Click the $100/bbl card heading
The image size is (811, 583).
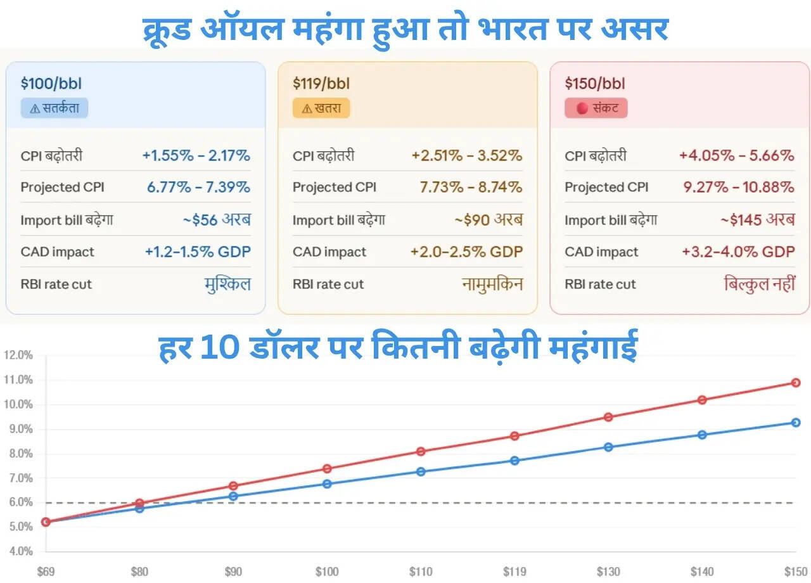coord(51,83)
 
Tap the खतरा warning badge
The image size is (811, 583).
coord(321,108)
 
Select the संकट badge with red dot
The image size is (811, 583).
coord(596,108)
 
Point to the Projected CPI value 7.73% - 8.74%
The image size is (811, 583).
coord(471,187)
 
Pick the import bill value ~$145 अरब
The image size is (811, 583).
coord(757,220)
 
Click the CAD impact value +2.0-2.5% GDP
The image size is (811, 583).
coord(467,252)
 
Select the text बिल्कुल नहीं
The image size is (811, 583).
coord(759,284)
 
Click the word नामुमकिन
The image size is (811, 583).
coord(492,284)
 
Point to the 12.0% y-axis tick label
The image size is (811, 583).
coord(18,355)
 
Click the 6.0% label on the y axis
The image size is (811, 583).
coord(20,503)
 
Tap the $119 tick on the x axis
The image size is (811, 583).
coord(514,572)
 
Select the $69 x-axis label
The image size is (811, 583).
coord(46,572)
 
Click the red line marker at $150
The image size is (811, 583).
coord(796,383)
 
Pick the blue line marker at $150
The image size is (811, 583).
coord(796,423)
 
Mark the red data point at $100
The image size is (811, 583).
coord(327,469)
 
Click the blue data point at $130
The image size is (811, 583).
coord(608,447)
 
